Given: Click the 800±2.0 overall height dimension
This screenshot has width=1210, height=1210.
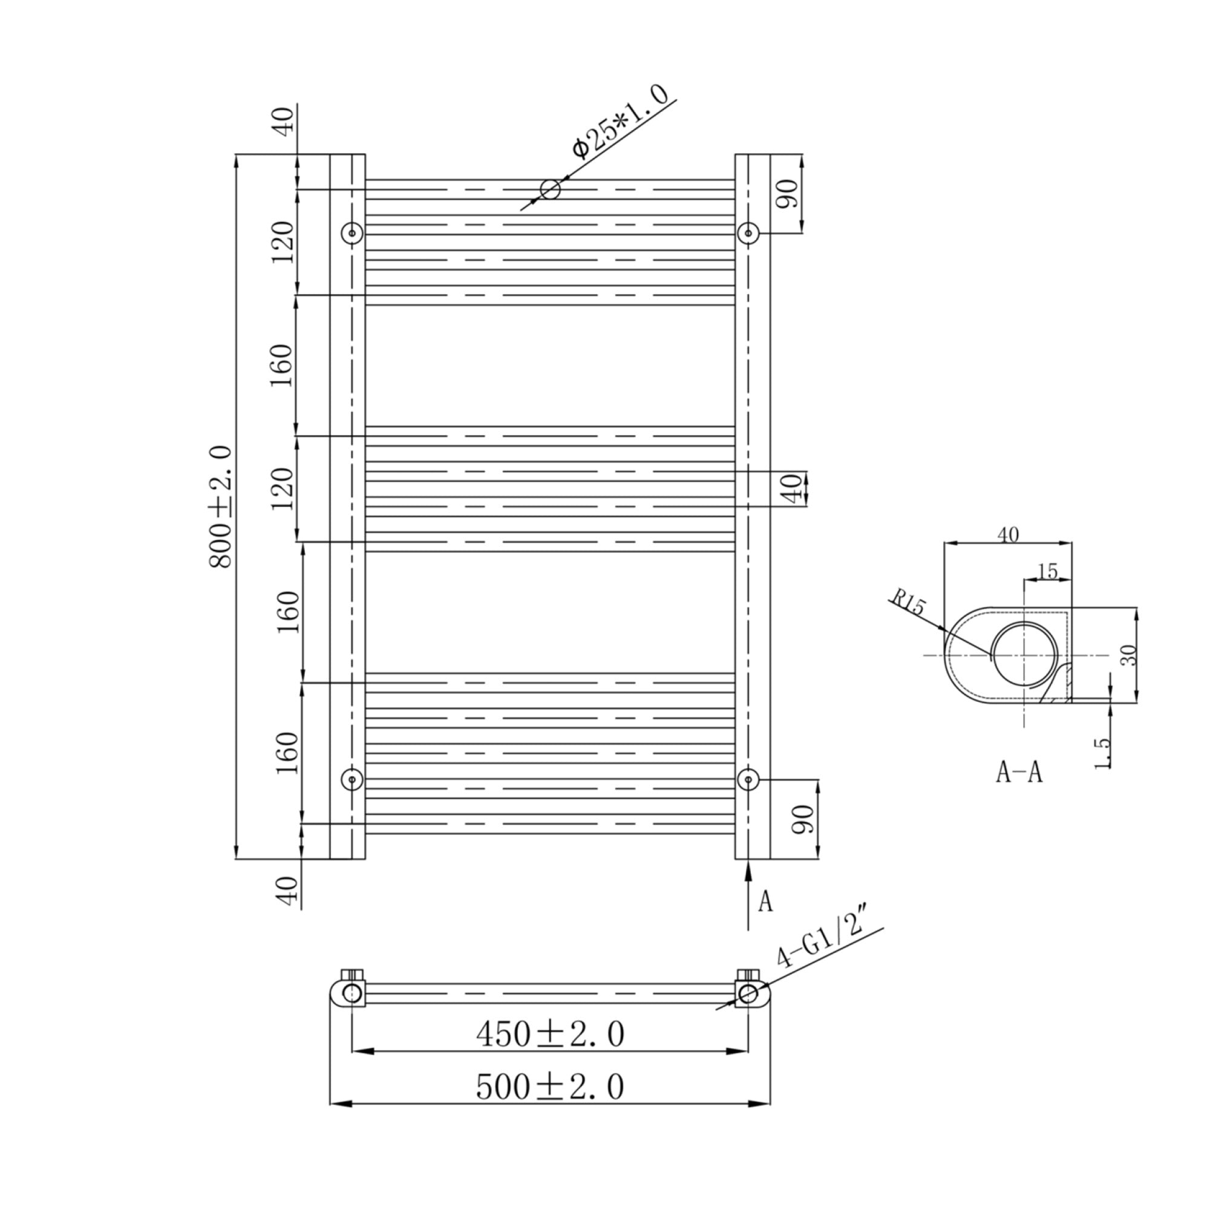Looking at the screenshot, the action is [221, 508].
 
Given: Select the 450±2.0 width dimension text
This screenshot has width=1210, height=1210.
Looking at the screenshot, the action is [551, 1034].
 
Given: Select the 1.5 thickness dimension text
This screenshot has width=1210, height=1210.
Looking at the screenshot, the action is [1103, 753].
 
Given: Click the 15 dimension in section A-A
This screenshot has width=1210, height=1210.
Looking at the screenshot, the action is [1047, 571].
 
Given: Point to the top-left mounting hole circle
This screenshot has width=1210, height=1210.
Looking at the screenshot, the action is [352, 233].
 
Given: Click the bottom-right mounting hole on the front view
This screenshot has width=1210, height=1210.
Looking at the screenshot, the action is [748, 780].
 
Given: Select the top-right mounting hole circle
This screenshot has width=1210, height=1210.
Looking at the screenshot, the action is [748, 233].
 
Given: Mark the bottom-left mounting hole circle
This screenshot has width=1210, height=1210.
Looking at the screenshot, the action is [352, 780].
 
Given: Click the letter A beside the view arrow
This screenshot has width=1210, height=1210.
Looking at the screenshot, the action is [765, 901].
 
